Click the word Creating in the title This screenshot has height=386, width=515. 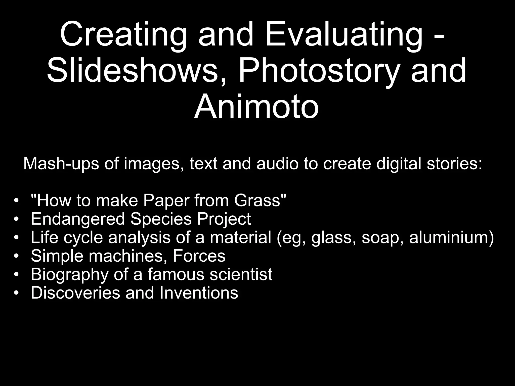[123, 35]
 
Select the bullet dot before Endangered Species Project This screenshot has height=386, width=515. [16, 219]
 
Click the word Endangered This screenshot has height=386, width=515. [78, 219]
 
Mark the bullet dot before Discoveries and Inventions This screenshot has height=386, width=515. [16, 293]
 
